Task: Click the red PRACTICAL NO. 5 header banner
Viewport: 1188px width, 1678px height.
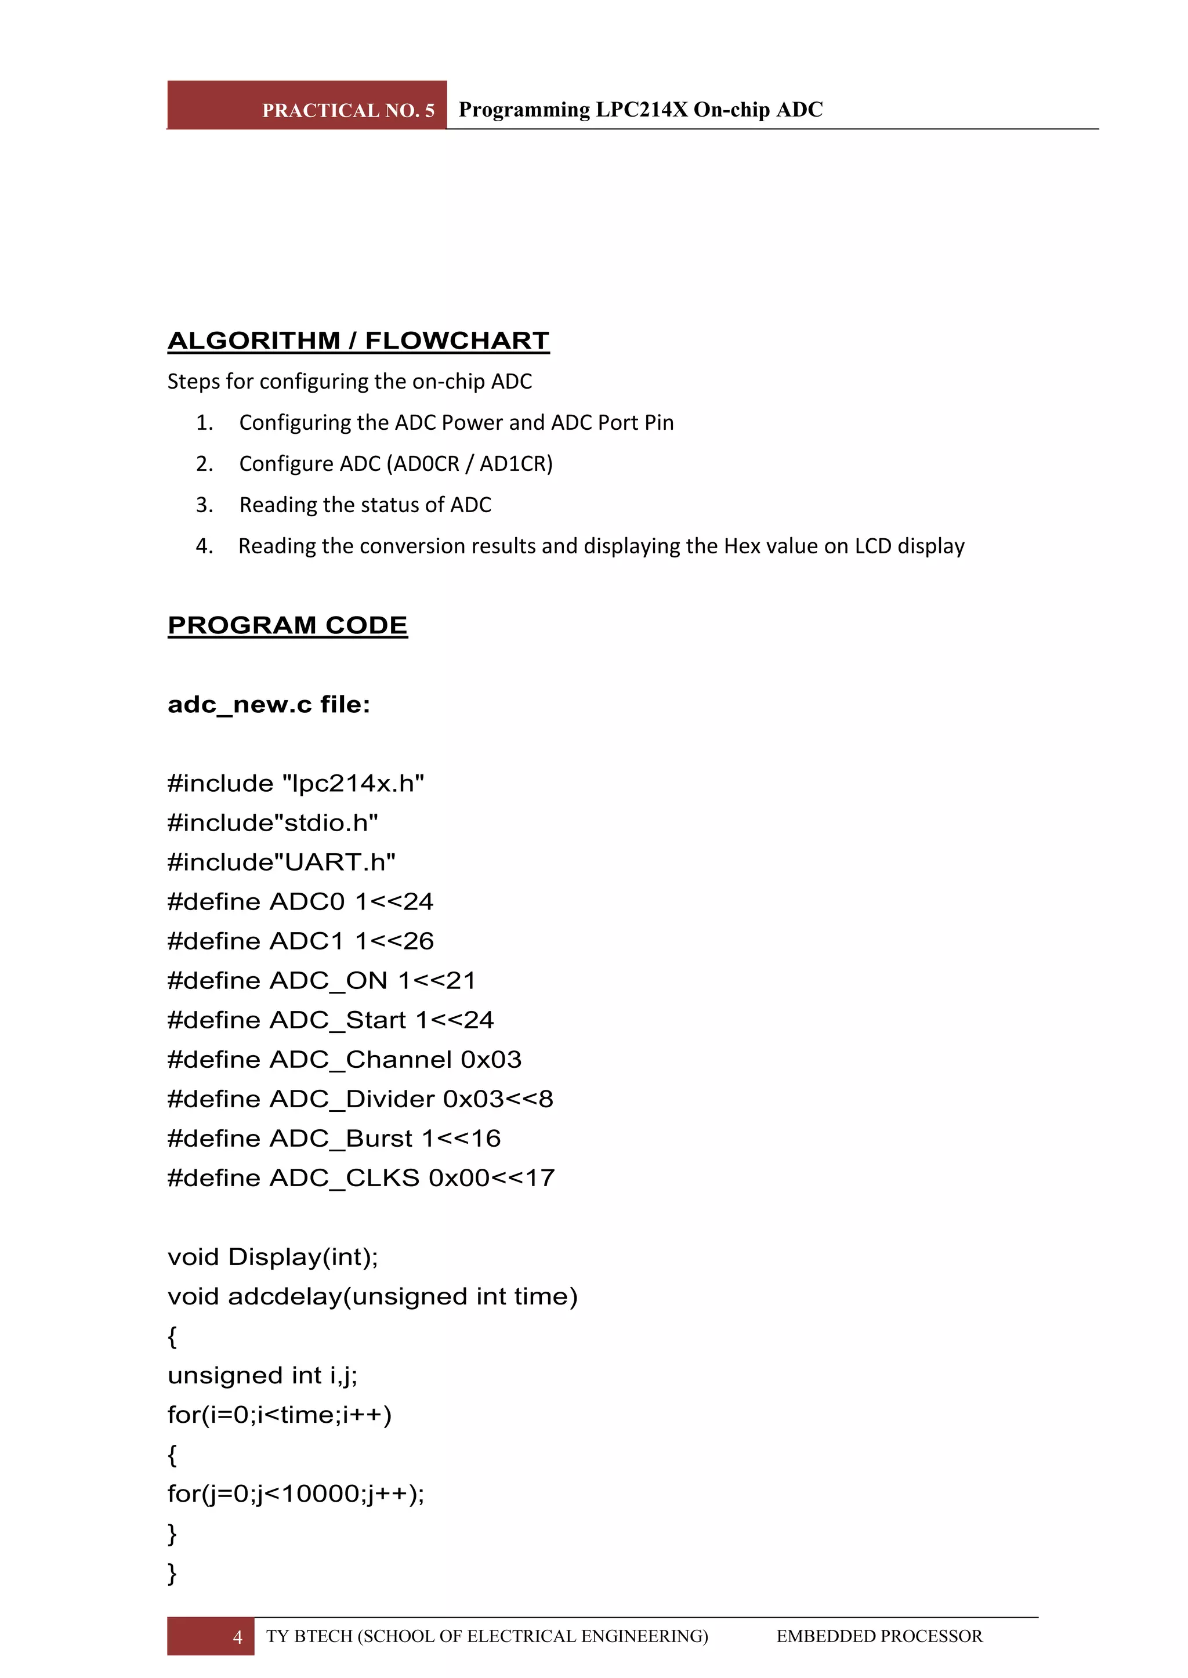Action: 307,106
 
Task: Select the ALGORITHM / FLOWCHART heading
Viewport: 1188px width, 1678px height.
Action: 358,341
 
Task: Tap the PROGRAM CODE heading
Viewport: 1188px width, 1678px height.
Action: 288,625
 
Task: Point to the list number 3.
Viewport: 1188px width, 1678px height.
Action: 204,505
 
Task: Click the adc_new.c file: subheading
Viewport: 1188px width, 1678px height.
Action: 269,704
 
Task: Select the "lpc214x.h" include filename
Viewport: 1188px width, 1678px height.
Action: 353,784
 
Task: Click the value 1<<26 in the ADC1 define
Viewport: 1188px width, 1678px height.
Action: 394,941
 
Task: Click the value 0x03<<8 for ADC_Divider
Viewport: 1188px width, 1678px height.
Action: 498,1099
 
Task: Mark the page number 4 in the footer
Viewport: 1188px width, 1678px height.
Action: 237,1636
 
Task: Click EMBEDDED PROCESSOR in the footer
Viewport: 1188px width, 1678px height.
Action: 879,1636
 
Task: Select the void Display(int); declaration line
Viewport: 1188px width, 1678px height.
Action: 273,1257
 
